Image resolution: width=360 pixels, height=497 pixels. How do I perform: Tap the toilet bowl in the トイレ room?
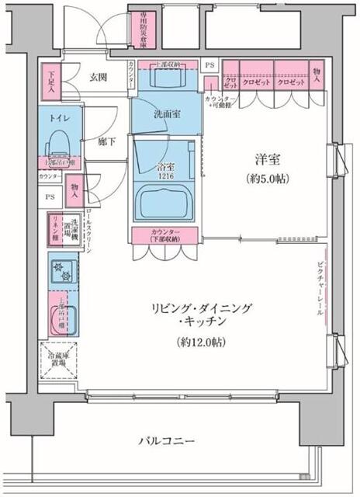57,142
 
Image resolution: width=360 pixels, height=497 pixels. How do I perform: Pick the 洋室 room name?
268,160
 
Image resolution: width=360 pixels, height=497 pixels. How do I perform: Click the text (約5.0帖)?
268,178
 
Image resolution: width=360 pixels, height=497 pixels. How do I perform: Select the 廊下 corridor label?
107,142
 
